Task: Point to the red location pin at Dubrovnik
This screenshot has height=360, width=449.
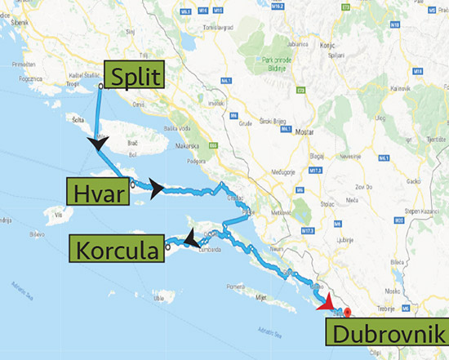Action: pyautogui.click(x=347, y=312)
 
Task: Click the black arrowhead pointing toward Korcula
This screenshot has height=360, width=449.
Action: pyautogui.click(x=189, y=238)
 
